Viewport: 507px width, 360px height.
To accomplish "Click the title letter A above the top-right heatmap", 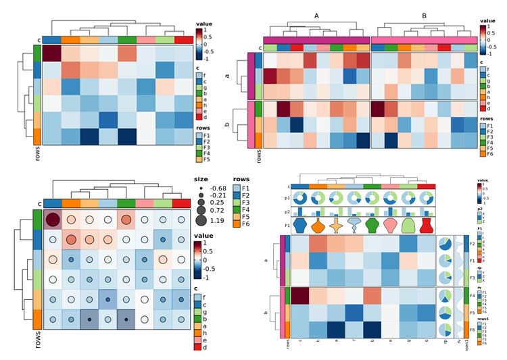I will (x=316, y=15).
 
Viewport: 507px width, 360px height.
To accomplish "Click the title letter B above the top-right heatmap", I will (x=424, y=15).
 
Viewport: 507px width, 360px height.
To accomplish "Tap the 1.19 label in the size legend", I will (x=217, y=221).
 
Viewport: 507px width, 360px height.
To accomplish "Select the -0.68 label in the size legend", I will (x=218, y=188).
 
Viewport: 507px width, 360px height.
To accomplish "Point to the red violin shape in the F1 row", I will (x=427, y=225).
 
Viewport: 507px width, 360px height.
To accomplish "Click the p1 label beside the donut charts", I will (x=286, y=198).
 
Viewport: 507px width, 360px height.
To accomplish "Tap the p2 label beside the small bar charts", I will (x=286, y=211).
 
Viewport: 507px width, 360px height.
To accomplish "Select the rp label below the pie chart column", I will (x=445, y=342).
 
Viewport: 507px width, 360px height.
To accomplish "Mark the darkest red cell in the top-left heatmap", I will (x=52, y=53).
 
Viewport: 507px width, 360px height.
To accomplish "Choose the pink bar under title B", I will (x=423, y=40).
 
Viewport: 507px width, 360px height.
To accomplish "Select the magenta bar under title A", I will (x=316, y=40).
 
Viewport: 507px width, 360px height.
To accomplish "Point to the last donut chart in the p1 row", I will (x=427, y=198).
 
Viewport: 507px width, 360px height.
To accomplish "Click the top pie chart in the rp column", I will (x=445, y=245).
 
